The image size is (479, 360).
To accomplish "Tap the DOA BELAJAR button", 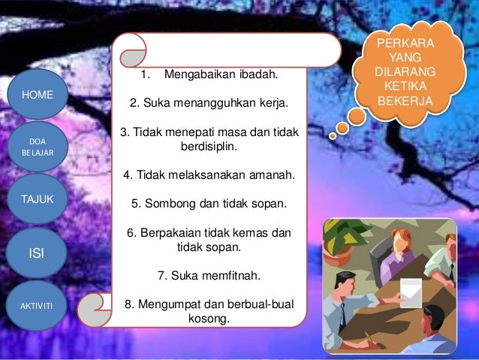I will [36, 146].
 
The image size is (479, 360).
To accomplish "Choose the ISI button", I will [35, 254].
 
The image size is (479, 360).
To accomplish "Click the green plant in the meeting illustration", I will [345, 240].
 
